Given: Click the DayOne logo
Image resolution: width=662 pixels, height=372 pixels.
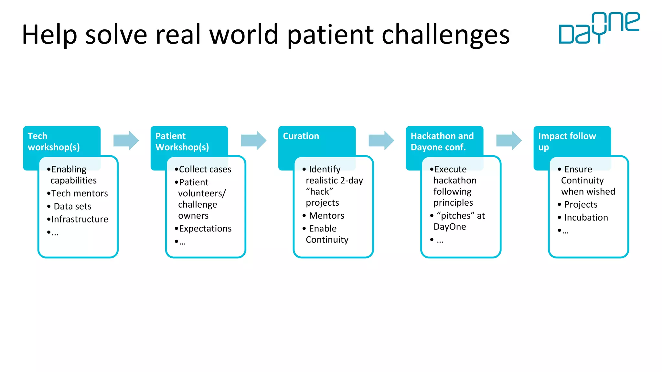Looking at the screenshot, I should (x=599, y=28).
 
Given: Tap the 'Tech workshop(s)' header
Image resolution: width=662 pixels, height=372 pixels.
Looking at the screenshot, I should (x=54, y=141).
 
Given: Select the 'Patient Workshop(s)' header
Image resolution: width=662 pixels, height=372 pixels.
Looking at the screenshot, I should (x=182, y=141).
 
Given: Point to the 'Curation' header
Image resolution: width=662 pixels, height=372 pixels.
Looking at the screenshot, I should (x=301, y=136).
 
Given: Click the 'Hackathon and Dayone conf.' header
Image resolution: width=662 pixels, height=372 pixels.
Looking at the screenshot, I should (x=442, y=141).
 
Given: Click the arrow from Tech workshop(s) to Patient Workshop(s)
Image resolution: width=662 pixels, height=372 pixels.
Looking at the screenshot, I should (x=126, y=140).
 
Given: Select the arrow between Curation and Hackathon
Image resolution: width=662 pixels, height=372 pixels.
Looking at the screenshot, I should (x=381, y=140).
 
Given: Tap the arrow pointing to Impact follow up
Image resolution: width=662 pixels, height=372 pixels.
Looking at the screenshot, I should (x=509, y=140).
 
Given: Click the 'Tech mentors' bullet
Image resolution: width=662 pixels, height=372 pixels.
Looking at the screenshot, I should (x=80, y=193).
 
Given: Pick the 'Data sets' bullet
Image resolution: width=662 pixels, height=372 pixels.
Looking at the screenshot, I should (x=72, y=206).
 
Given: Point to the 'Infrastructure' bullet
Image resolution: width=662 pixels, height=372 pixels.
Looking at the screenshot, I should (x=80, y=219).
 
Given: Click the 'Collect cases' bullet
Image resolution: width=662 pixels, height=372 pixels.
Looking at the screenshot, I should (x=205, y=170).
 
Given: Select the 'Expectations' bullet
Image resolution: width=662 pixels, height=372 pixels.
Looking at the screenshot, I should (x=205, y=229).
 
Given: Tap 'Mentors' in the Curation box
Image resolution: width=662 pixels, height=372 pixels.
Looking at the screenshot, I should (x=326, y=216).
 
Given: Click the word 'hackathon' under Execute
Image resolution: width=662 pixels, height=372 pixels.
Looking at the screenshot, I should (x=455, y=181).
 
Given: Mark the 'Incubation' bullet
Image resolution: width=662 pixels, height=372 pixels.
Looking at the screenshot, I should (x=586, y=218).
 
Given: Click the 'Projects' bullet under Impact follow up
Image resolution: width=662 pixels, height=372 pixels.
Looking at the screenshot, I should (x=581, y=205).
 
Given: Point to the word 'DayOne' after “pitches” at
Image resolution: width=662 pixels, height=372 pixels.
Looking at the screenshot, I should (x=450, y=227).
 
